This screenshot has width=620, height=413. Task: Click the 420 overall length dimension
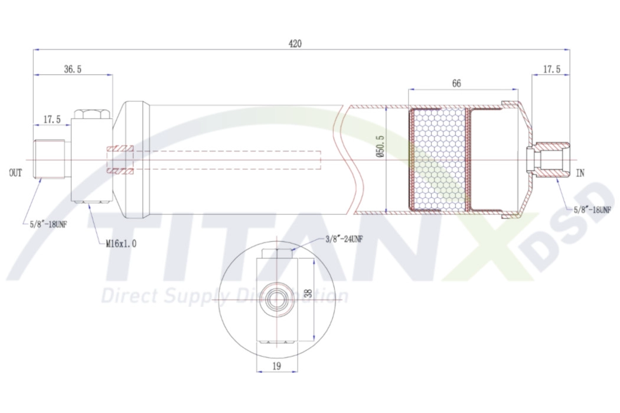click(x=295, y=44)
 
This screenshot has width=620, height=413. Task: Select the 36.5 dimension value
click(x=72, y=69)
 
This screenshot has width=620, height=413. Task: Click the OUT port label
click(x=15, y=173)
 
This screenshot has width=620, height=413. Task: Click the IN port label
click(x=580, y=173)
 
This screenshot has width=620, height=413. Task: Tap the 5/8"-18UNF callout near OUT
click(x=50, y=224)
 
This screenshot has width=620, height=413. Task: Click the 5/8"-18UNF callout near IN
click(x=592, y=209)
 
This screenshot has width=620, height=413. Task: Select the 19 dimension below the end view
click(x=276, y=366)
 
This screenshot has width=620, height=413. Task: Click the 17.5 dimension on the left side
click(x=51, y=120)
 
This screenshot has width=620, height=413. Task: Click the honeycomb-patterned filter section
click(x=438, y=159)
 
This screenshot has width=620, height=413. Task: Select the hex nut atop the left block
click(x=90, y=113)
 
